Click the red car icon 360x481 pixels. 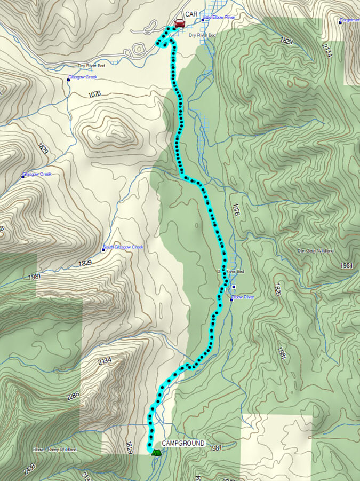pos(180,23)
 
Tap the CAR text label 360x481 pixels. pos(191,14)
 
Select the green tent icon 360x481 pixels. pos(156,452)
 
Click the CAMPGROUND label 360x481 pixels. pos(183,443)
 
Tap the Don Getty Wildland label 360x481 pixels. pos(316,251)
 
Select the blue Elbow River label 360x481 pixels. pos(244,297)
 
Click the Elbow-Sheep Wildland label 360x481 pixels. pos(54,450)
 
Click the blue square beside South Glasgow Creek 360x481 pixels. pos(103,249)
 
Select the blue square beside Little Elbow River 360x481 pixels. pos(203,20)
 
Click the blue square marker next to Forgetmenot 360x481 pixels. pos(340,22)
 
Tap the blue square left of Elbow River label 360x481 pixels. pos(231,299)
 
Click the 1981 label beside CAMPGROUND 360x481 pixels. pos(216,448)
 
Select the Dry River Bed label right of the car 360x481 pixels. pos(202,35)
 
